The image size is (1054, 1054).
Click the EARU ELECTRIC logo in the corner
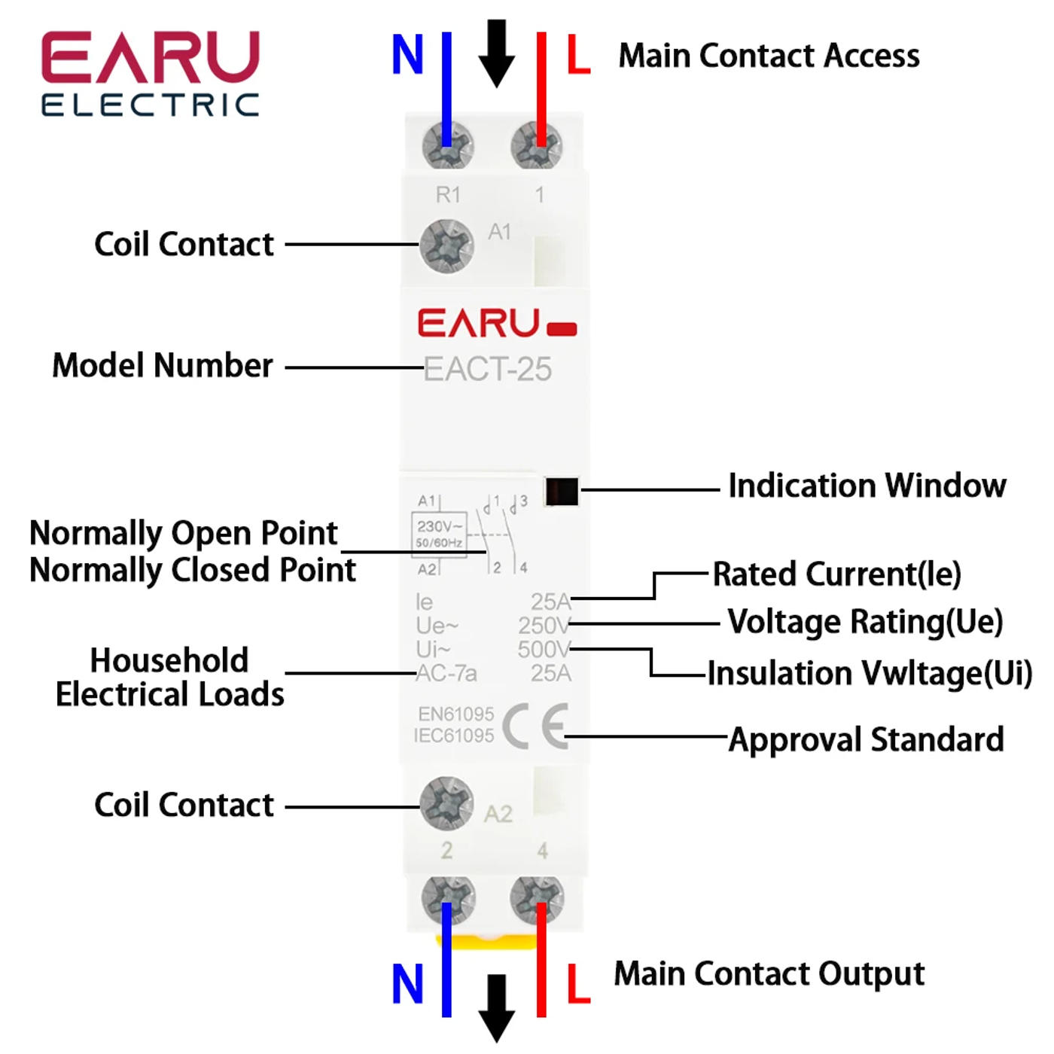[151, 73]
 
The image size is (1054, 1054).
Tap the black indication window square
[562, 492]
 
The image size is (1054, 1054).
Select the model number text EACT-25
[488, 370]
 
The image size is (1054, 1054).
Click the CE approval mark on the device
[535, 726]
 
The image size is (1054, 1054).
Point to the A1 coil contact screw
[446, 245]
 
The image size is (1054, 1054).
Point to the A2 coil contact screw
[446, 804]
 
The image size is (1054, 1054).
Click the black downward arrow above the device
[497, 53]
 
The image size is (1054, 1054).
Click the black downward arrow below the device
[497, 1007]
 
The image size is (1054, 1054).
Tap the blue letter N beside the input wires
[407, 55]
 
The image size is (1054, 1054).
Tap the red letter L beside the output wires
[578, 984]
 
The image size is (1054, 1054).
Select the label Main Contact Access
[769, 56]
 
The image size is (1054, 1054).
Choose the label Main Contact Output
[769, 974]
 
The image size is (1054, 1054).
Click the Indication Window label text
[867, 486]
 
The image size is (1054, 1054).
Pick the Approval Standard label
[866, 740]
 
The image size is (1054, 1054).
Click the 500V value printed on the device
[544, 649]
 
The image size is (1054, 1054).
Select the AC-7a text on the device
[446, 673]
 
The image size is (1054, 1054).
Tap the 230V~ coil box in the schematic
[439, 533]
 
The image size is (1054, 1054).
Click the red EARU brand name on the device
[479, 323]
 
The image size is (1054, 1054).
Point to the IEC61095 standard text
[454, 736]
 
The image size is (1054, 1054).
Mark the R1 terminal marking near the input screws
[448, 195]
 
